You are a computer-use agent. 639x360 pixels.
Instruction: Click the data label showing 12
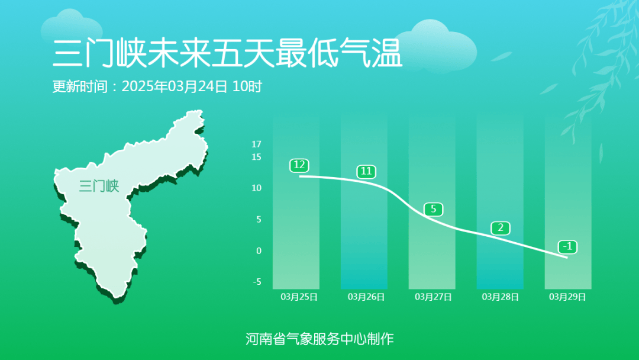(x=299, y=165)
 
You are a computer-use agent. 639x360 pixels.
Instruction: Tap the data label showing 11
(x=366, y=172)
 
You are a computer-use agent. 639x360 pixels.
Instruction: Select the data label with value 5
(x=433, y=209)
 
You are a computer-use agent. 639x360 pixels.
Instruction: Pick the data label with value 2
(x=501, y=228)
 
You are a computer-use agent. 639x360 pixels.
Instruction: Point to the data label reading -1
(x=567, y=246)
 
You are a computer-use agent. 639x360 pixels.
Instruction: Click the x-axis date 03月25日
(x=299, y=297)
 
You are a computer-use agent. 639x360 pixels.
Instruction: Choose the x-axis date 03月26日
(x=366, y=297)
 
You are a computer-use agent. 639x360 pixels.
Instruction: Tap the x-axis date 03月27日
(x=433, y=297)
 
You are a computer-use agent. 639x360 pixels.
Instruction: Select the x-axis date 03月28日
(x=501, y=297)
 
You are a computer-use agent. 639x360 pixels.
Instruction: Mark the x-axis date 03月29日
(x=567, y=297)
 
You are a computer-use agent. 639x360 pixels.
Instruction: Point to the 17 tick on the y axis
(x=256, y=144)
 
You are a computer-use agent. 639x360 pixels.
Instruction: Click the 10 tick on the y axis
(x=256, y=188)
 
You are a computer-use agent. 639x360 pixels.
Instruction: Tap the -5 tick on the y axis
(x=257, y=282)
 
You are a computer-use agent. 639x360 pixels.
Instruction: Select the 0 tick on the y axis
(x=259, y=251)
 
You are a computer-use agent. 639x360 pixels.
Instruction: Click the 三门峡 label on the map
(x=99, y=187)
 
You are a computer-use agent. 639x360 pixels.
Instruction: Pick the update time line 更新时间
(x=157, y=86)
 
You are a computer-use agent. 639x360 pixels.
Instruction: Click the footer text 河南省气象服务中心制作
(x=319, y=339)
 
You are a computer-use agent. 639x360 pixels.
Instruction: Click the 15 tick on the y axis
(x=256, y=157)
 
